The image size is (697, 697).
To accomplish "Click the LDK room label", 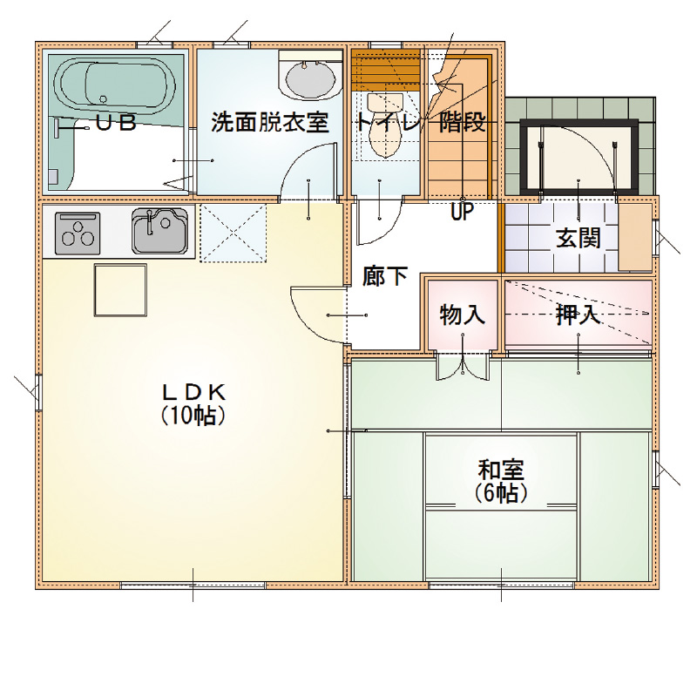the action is click(193, 393).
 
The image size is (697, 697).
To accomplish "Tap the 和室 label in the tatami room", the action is click(501, 470).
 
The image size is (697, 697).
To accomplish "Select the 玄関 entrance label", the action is click(579, 238).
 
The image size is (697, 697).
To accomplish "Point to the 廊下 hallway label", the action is click(385, 276).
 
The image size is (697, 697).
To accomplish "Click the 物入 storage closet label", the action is click(463, 315).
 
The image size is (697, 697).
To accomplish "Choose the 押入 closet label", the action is click(579, 315).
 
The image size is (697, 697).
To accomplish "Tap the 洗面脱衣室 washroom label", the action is click(270, 122).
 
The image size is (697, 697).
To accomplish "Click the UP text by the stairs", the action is click(463, 212).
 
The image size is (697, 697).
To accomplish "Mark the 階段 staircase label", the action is click(463, 122).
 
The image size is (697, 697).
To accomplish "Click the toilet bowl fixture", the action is click(385, 125).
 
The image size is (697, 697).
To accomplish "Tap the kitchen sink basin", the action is click(159, 231).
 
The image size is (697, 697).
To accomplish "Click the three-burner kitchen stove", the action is click(78, 233).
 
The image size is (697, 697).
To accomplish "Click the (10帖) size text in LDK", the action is click(193, 416).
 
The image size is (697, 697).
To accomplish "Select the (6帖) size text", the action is click(501, 492).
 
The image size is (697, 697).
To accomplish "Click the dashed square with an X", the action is click(233, 233).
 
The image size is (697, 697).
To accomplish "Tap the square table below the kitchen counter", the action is click(120, 290).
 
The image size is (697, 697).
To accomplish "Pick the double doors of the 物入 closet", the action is click(463, 365).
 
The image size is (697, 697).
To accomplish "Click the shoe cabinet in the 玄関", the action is click(635, 236).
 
